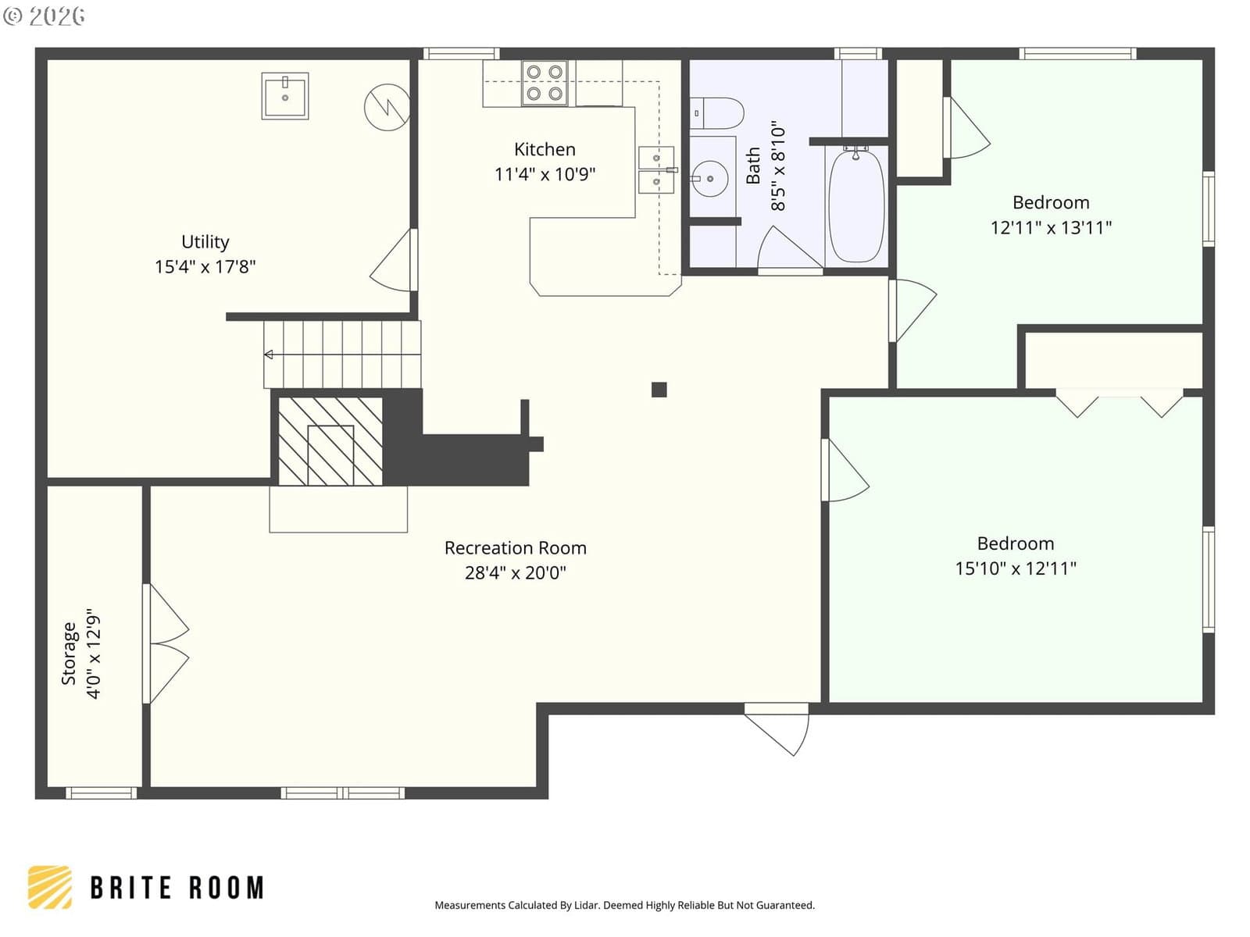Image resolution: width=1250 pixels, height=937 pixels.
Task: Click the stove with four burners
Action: pyautogui.click(x=545, y=83)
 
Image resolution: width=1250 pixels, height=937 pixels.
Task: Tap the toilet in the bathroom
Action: pyautogui.click(x=716, y=113)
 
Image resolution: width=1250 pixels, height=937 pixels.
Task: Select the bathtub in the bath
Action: pyautogui.click(x=856, y=204)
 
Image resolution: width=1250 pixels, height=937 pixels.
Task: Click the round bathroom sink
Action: pyautogui.click(x=709, y=179)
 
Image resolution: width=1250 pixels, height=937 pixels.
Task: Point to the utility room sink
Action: pyautogui.click(x=284, y=96)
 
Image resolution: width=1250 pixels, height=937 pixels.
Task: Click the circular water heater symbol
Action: pyautogui.click(x=387, y=107)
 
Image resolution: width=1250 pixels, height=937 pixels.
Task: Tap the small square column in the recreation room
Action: pyautogui.click(x=659, y=390)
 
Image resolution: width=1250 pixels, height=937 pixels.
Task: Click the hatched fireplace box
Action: pyautogui.click(x=330, y=441)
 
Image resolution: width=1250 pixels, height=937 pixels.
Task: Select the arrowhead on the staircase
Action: pyautogui.click(x=269, y=355)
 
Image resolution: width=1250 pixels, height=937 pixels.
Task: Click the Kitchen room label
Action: pyautogui.click(x=545, y=149)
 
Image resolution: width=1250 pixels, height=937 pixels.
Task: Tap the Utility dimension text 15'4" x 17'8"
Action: pyautogui.click(x=205, y=266)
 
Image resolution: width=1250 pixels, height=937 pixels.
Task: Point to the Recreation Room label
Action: pyautogui.click(x=516, y=547)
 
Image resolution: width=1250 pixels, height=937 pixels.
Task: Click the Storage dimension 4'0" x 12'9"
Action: pyautogui.click(x=94, y=654)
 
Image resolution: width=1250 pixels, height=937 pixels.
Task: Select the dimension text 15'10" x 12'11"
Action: pyautogui.click(x=1016, y=568)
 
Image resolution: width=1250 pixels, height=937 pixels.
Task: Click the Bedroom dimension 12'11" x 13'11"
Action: pyautogui.click(x=1051, y=227)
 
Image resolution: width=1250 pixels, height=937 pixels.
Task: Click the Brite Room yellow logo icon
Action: pyautogui.click(x=50, y=887)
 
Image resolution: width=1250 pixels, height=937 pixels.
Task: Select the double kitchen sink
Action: pyautogui.click(x=656, y=170)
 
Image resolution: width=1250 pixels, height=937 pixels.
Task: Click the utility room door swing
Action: pyautogui.click(x=393, y=260)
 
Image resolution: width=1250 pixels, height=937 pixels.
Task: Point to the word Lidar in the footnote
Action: pyautogui.click(x=587, y=904)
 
